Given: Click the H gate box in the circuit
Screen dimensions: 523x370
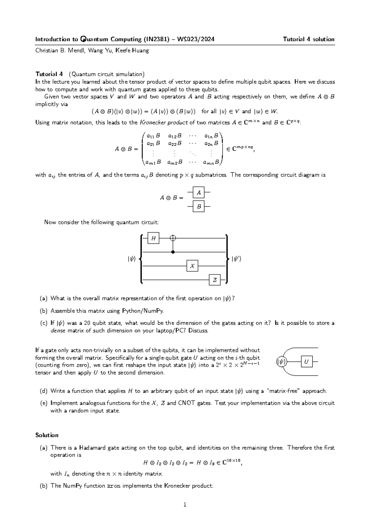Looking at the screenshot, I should click(x=153, y=238).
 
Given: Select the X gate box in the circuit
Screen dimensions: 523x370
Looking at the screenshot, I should click(x=192, y=266).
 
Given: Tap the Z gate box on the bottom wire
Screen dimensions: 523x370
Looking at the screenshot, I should click(x=215, y=280).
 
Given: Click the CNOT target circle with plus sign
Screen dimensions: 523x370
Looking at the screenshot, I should click(x=173, y=238).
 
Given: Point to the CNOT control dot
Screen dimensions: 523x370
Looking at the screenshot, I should click(x=173, y=252).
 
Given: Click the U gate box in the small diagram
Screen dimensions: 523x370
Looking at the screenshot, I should click(x=306, y=361).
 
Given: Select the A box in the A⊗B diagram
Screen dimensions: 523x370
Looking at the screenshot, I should click(x=199, y=192).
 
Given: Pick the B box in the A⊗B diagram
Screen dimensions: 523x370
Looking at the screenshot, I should click(x=199, y=206).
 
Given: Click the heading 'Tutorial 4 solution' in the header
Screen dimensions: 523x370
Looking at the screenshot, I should click(x=309, y=39).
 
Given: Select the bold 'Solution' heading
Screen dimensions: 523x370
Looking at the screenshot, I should click(x=47, y=435).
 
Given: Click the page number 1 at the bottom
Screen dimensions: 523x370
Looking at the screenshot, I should click(x=185, y=505).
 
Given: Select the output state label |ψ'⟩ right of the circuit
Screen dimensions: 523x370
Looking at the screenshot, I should click(x=236, y=259).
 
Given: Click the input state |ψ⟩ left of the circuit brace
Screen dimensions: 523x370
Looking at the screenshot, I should click(x=132, y=259).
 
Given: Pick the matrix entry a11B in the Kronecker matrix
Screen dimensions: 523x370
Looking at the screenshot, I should click(x=153, y=135).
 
